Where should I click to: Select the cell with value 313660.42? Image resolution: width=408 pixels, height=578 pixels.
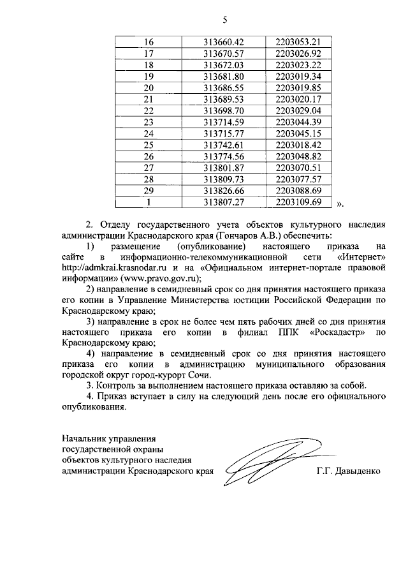coord(224,42)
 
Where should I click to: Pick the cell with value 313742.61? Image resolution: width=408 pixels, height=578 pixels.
coord(224,145)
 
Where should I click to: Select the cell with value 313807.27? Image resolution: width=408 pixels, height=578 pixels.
coord(224,202)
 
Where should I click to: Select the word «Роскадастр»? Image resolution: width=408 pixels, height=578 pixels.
coord(339,332)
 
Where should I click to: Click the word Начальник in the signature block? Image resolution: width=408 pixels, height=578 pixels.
coord(83,438)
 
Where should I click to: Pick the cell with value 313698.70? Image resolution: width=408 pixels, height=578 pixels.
coord(224,110)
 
